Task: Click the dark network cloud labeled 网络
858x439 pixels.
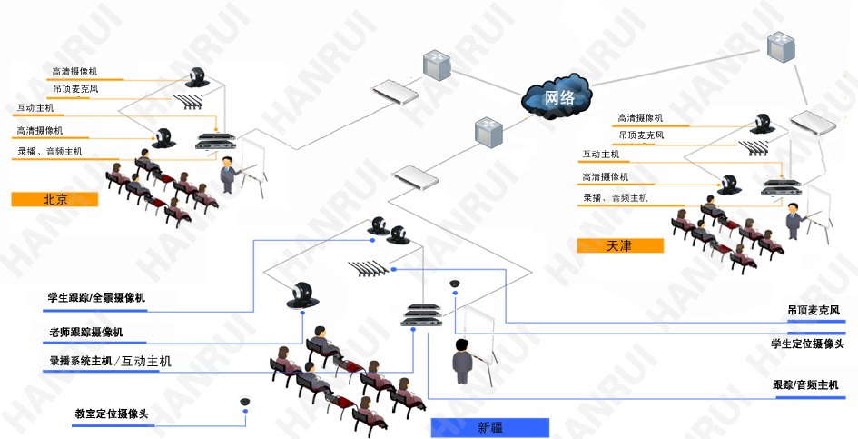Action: tap(557, 95)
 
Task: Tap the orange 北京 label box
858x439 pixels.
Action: tap(54, 200)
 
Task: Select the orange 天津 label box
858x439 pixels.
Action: tap(620, 245)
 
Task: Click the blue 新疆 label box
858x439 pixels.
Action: tap(490, 427)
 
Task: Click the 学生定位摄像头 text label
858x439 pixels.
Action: tap(806, 344)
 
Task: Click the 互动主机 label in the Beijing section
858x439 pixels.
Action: tap(35, 108)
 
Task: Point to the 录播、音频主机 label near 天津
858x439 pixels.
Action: tap(616, 198)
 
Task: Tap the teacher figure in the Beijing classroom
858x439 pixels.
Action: tap(226, 173)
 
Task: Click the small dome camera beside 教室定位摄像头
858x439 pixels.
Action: tap(245, 402)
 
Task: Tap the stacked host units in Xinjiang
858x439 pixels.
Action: tap(422, 314)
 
